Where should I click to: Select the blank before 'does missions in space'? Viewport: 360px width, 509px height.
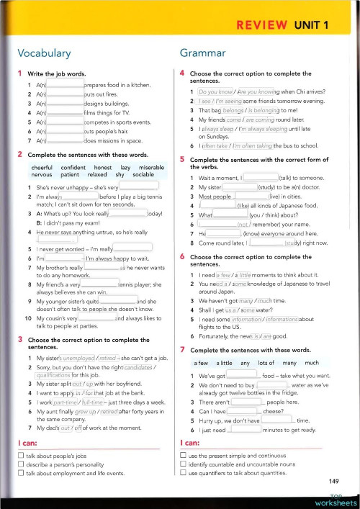tap(65, 141)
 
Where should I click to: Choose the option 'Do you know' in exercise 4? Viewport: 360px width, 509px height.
tap(215, 94)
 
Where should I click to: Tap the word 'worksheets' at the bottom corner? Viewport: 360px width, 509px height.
tap(336, 503)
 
